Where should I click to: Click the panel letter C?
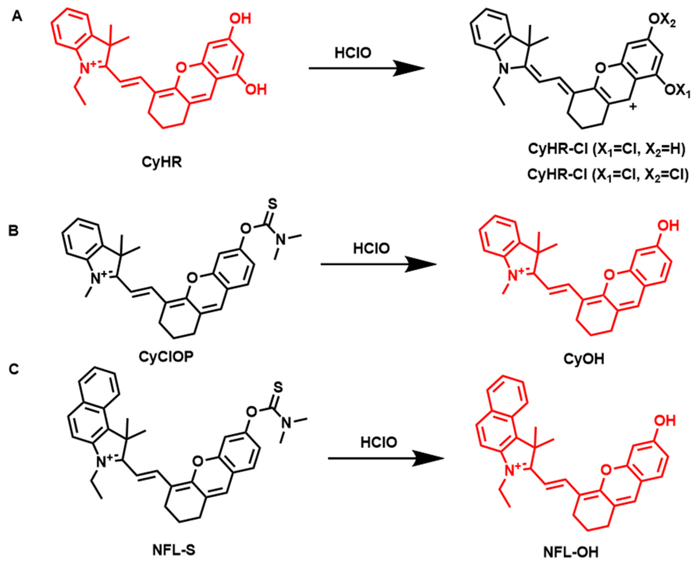click(x=14, y=370)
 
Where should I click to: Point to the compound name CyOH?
click(x=584, y=359)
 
